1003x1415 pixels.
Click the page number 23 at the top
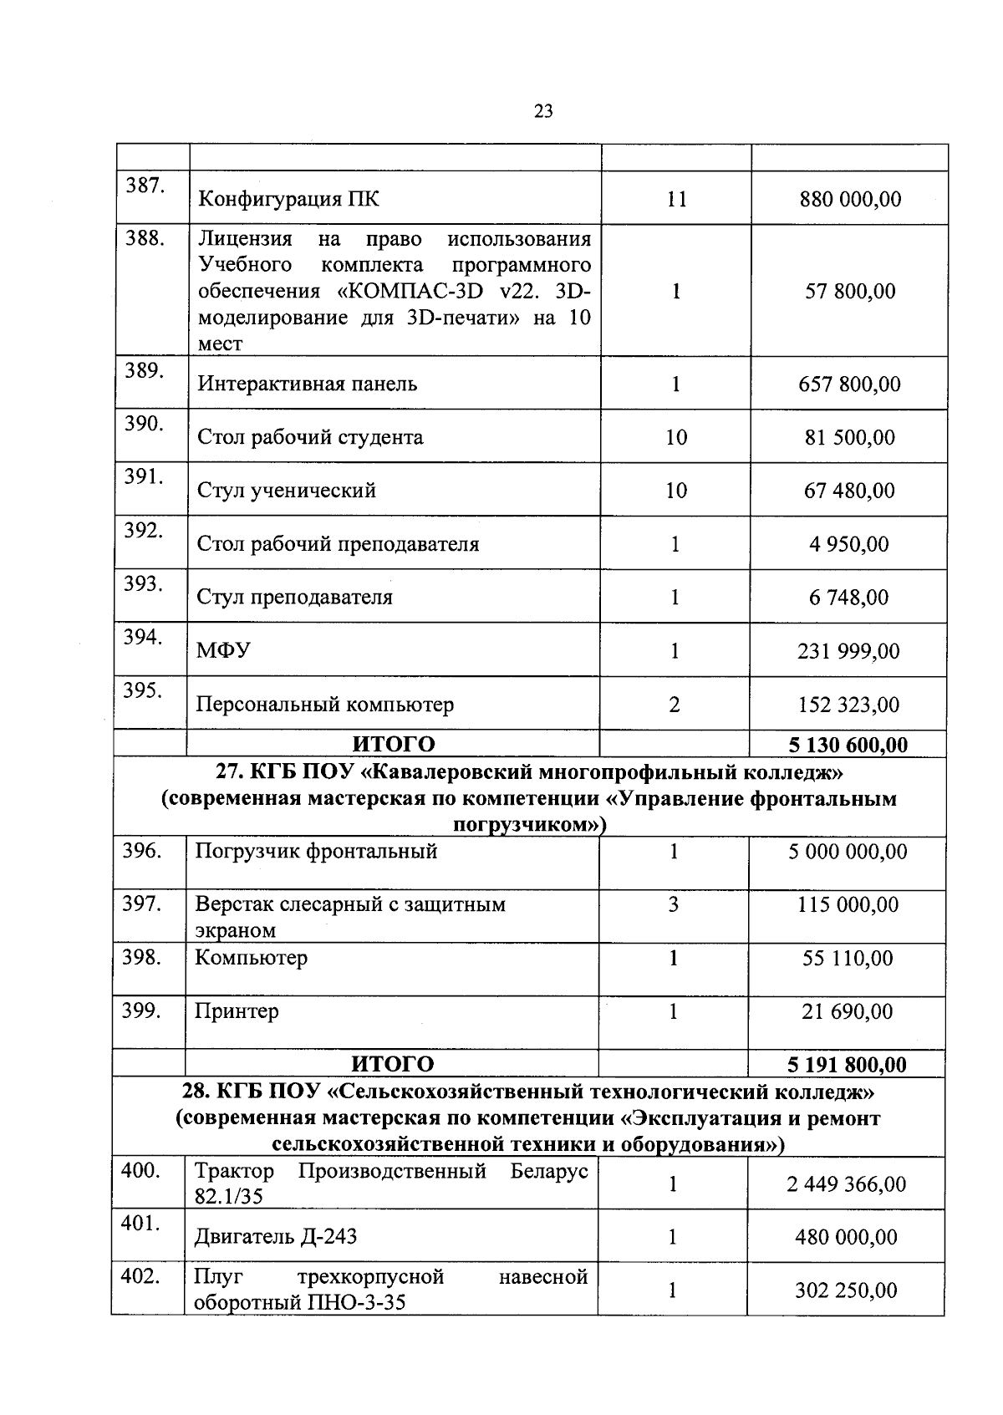543,112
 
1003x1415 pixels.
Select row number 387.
143,186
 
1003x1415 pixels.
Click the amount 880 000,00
850,199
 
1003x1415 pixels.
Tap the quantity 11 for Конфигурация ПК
676,199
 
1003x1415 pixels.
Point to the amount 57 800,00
850,291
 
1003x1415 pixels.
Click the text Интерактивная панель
307,384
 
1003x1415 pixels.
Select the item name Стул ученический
286,491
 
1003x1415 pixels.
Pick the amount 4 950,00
848,544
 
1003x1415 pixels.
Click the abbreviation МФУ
222,650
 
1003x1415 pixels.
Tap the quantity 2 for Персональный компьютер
675,705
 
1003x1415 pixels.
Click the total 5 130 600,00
848,745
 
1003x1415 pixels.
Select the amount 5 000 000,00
848,852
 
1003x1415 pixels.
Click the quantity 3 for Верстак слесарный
674,904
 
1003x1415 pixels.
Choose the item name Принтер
237,1011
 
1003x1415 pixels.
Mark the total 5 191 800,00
847,1064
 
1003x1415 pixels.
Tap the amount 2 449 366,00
846,1184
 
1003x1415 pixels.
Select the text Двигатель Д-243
276,1237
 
